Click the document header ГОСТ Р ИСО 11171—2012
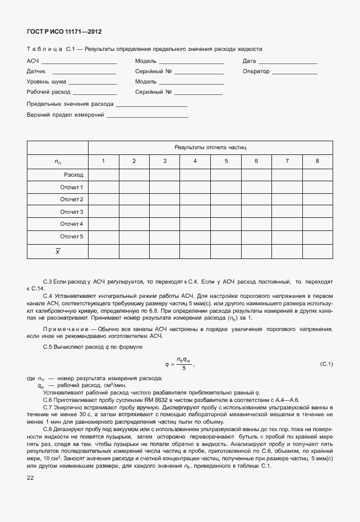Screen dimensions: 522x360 [59, 32]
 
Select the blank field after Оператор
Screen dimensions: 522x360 [294, 72]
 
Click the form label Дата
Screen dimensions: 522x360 [249, 61]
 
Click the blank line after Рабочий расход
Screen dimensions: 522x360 [95, 92]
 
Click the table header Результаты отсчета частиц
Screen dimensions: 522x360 [210, 148]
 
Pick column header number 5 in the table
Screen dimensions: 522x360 [226, 161]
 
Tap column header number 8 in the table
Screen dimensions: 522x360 [317, 161]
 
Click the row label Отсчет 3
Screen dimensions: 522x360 [72, 212]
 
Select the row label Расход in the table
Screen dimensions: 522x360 [74, 174]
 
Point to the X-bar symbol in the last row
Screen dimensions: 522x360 [57, 251]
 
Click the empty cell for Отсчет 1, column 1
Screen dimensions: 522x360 [103, 187]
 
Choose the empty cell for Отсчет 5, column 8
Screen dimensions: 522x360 [317, 236]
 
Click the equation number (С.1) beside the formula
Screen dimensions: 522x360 [326, 364]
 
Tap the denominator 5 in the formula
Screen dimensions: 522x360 [184, 369]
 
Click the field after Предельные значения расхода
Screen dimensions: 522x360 [151, 105]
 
